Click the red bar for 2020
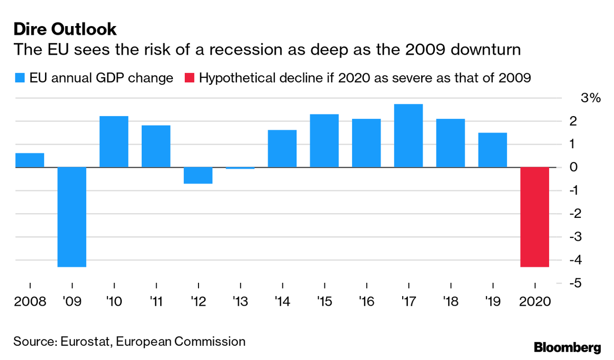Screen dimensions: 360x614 tap(535, 217)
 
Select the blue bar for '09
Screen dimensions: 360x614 tap(72, 217)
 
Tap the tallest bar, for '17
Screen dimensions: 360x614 tap(408, 136)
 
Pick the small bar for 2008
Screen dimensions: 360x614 tap(30, 160)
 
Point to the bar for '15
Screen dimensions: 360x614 tap(324, 141)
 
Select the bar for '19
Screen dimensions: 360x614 tap(492, 150)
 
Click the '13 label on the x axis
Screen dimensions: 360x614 tap(240, 301)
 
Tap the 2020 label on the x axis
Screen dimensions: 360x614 tap(535, 301)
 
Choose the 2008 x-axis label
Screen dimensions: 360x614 tap(30, 301)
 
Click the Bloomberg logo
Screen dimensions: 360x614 tap(567, 348)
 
